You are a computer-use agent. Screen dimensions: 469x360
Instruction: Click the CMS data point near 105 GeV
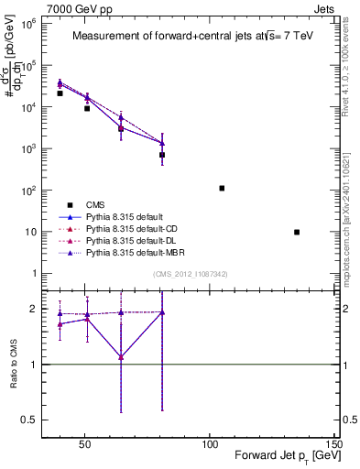pos(222,188)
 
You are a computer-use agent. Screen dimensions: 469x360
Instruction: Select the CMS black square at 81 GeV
pos(162,155)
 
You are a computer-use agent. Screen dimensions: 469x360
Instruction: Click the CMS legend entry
pos(95,204)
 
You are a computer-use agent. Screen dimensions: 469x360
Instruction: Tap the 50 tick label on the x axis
pos(85,445)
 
